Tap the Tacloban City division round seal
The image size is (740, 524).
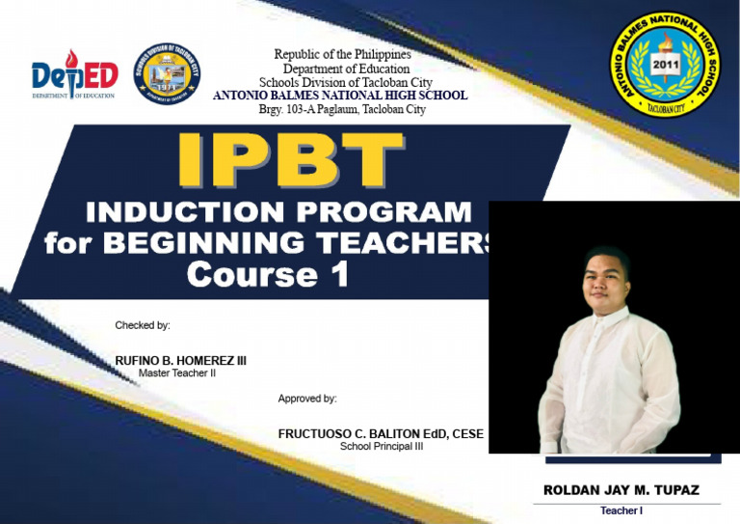click(167, 74)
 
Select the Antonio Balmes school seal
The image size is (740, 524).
click(666, 67)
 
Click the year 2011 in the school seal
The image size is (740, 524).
click(666, 65)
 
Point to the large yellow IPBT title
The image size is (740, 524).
click(290, 161)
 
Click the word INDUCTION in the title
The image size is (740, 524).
click(179, 212)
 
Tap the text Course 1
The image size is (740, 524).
click(267, 275)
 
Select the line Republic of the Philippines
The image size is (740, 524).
click(342, 55)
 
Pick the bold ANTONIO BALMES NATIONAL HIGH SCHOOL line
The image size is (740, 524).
click(340, 96)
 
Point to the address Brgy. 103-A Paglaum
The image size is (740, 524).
click(342, 109)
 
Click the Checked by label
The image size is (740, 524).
click(143, 325)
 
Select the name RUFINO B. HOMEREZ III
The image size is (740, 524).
click(180, 360)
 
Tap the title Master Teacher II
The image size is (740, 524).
click(177, 372)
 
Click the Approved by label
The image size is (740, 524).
click(307, 399)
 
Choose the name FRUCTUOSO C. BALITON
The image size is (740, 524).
click(381, 434)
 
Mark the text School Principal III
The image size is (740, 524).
click(381, 447)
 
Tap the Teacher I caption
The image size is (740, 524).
click(621, 510)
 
